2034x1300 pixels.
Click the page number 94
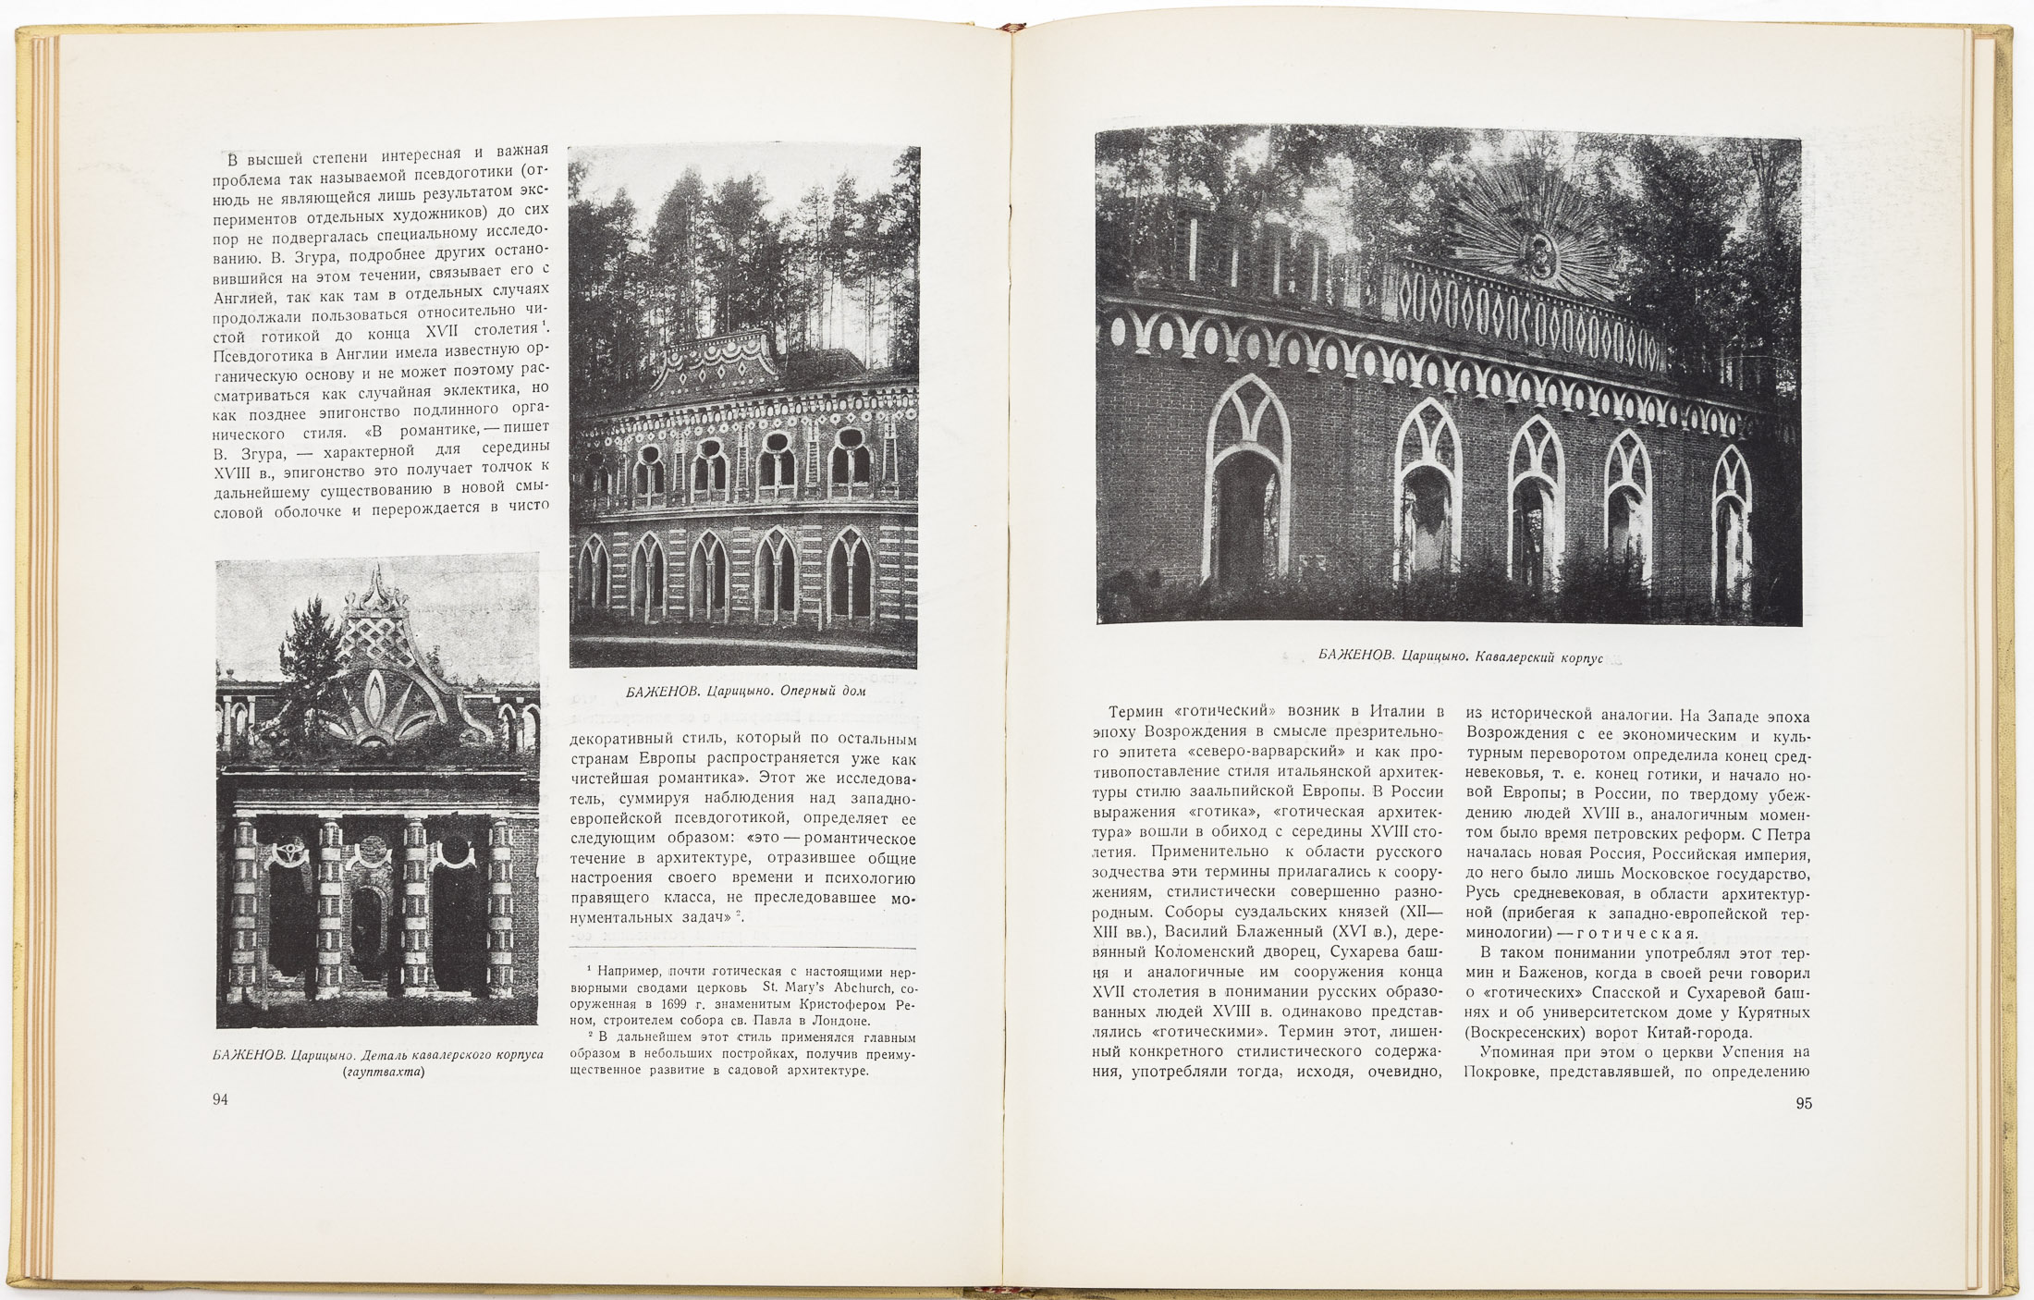click(220, 1099)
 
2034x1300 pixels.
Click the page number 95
click(1804, 1102)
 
